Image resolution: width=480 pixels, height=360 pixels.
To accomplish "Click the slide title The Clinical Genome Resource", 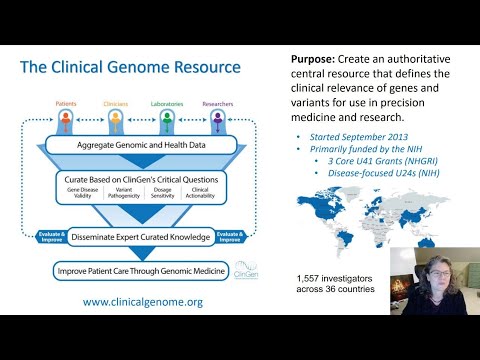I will (131, 68).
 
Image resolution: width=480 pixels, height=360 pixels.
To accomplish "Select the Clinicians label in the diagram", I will (116, 102).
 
